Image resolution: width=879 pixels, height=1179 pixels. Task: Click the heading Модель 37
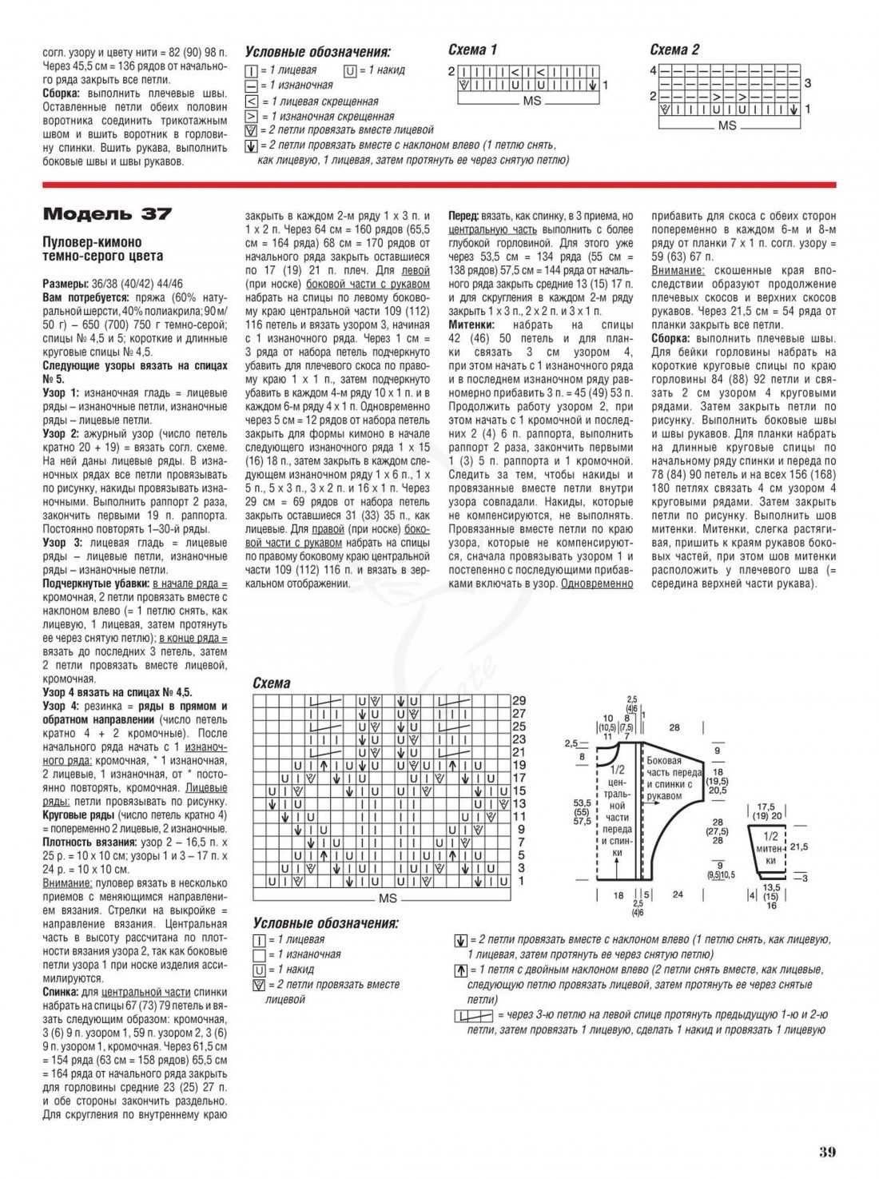(107, 214)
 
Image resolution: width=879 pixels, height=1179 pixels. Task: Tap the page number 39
(827, 1152)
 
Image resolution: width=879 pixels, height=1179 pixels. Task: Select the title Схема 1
(472, 50)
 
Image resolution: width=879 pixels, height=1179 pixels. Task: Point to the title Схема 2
(674, 50)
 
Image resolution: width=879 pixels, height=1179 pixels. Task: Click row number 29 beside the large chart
(519, 700)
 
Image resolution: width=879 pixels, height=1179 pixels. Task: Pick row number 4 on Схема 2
(653, 70)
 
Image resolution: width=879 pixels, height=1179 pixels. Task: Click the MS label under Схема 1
(531, 102)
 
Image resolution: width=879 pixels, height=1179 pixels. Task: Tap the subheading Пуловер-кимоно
(92, 242)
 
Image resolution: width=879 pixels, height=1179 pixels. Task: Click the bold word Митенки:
(471, 325)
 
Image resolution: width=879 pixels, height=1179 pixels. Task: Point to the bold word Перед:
(463, 216)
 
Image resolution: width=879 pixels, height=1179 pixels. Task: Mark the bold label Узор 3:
(61, 543)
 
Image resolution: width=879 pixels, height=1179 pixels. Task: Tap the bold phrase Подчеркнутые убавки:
(96, 584)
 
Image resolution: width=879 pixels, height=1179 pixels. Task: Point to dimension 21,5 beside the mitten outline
(799, 846)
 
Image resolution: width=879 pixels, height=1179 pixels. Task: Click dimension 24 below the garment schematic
(678, 894)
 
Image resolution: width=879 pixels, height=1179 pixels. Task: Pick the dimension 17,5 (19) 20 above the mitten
(768, 812)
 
